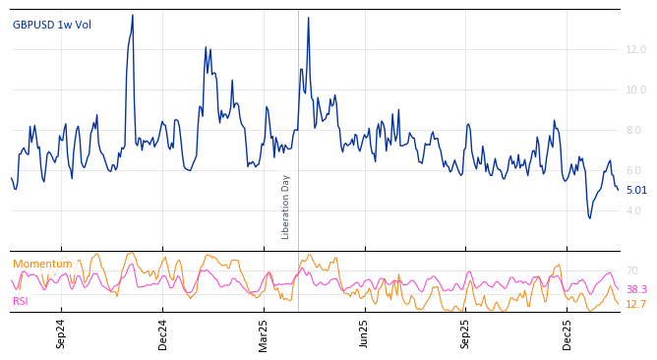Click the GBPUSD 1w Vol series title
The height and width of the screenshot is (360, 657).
pyautogui.click(x=52, y=25)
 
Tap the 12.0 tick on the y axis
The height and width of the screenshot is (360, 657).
pyautogui.click(x=635, y=49)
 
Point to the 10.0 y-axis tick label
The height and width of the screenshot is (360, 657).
pyautogui.click(x=635, y=90)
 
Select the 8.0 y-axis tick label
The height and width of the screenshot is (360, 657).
pyautogui.click(x=634, y=130)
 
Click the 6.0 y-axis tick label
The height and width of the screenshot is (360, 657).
pyautogui.click(x=634, y=170)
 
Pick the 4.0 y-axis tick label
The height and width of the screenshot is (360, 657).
pyautogui.click(x=634, y=210)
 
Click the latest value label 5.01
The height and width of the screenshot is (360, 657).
pyautogui.click(x=636, y=191)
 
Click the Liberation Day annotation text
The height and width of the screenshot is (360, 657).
pyautogui.click(x=286, y=207)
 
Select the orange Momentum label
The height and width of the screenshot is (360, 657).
pyautogui.click(x=42, y=264)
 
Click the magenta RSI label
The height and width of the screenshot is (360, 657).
pyautogui.click(x=21, y=301)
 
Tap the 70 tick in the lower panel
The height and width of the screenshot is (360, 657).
pyautogui.click(x=632, y=270)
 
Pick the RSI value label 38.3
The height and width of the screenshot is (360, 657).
pyautogui.click(x=636, y=290)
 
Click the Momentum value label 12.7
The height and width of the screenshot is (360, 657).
pyautogui.click(x=636, y=305)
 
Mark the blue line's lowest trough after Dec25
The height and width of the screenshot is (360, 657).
pyautogui.click(x=590, y=217)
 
